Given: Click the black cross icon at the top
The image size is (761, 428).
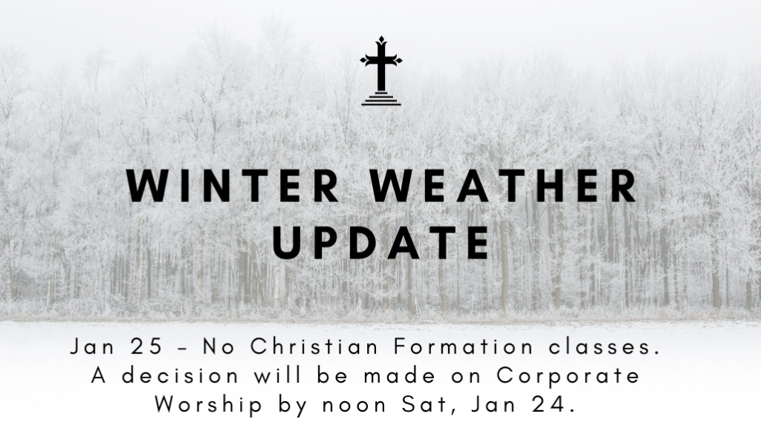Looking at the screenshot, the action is (381, 71).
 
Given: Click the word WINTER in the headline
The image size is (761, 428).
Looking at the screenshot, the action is (233, 185).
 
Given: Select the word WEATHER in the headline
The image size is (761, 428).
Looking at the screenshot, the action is (504, 185).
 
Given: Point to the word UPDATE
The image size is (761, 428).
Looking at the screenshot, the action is (381, 242).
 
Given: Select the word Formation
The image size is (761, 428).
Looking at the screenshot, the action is (464, 347).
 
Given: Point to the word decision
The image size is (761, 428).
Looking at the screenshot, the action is (180, 375).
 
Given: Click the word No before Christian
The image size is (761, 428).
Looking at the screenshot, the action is (219, 347).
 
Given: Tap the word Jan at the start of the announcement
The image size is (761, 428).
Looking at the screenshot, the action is (93, 347).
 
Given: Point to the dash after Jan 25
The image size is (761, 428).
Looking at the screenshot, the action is (182, 348).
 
